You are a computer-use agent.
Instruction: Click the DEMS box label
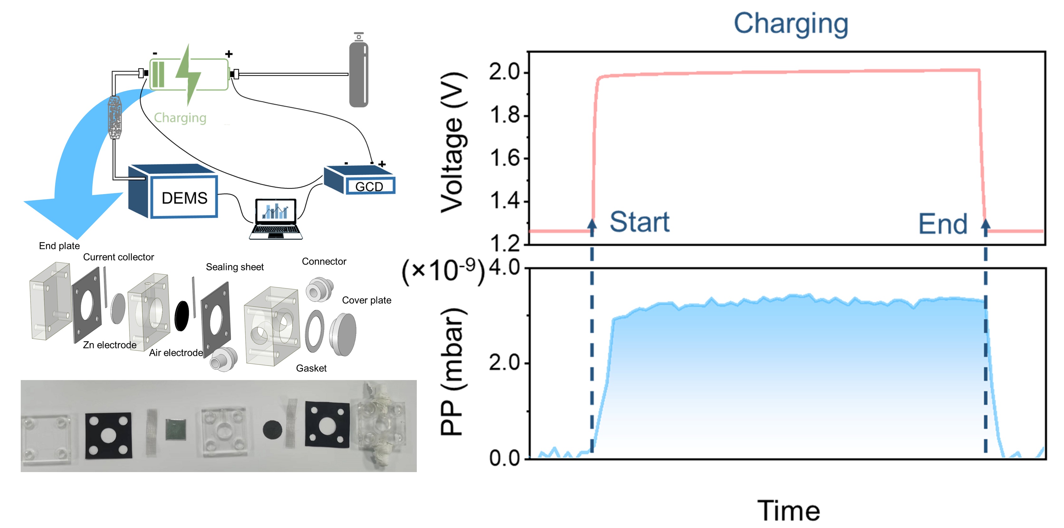pos(184,198)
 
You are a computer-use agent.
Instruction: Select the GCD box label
pos(369,187)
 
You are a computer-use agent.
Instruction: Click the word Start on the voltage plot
pos(639,222)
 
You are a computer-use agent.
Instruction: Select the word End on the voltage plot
pos(943,224)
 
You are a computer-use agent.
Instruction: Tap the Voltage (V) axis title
pos(454,142)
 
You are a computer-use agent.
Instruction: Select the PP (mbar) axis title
pos(454,372)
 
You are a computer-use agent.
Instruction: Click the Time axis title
pos(788,511)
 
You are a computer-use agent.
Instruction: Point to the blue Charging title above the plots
pos(791,24)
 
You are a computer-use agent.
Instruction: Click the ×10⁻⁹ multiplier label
pos(443,271)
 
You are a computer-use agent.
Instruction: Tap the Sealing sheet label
pos(234,267)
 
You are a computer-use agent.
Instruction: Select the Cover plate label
pos(367,300)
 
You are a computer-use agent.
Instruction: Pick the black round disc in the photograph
pos(273,430)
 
